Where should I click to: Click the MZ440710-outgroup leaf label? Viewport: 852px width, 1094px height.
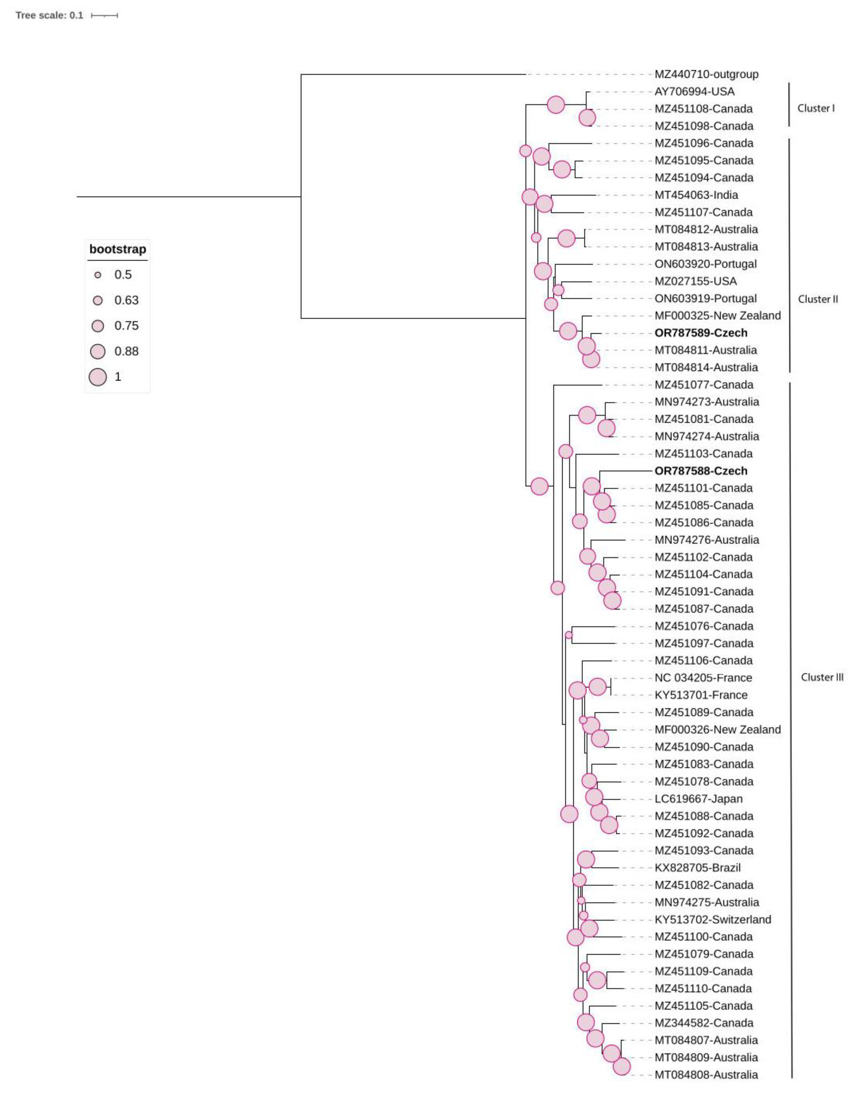pyautogui.click(x=706, y=74)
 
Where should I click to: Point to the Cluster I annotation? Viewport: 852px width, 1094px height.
pyautogui.click(x=816, y=108)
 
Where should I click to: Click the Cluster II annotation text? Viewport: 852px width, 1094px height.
pyautogui.click(x=817, y=299)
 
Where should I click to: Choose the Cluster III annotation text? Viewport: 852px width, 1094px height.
pyautogui.click(x=821, y=677)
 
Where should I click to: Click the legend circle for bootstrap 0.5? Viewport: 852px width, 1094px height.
pyautogui.click(x=98, y=275)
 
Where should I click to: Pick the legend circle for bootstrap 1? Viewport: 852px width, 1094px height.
pyautogui.click(x=98, y=377)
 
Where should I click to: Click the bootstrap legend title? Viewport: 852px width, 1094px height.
pyautogui.click(x=118, y=249)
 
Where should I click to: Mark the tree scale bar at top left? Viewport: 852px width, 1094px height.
pyautogui.click(x=104, y=16)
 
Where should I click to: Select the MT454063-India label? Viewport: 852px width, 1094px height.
pyautogui.click(x=696, y=195)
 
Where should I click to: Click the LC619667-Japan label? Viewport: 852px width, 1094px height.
pyautogui.click(x=698, y=798)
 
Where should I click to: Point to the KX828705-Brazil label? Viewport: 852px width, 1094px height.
pyautogui.click(x=697, y=868)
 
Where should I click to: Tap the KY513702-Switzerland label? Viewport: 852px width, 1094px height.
pyautogui.click(x=712, y=919)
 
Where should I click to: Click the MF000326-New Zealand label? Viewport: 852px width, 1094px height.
pyautogui.click(x=717, y=729)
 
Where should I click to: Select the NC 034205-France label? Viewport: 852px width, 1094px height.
pyautogui.click(x=703, y=678)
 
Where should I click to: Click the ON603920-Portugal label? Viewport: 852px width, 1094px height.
pyautogui.click(x=705, y=264)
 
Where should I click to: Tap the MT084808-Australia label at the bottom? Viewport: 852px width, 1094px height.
pyautogui.click(x=706, y=1074)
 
